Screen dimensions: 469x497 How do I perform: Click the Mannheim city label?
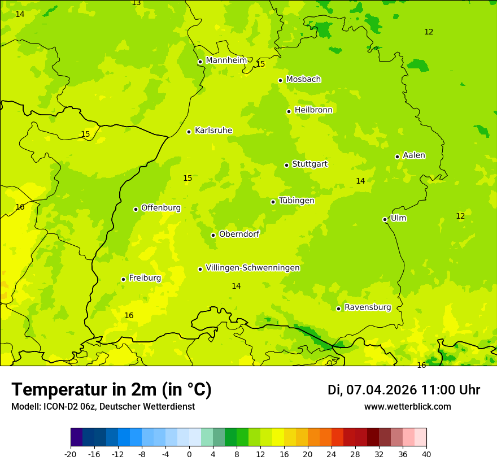click(x=226, y=60)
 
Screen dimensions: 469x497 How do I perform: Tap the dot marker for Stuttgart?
click(x=286, y=165)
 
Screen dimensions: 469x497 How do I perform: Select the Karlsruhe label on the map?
click(x=213, y=131)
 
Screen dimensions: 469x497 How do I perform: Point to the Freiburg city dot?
click(x=123, y=279)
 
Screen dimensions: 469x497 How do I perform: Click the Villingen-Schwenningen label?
click(x=252, y=268)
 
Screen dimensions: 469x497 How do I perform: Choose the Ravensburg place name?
click(x=367, y=307)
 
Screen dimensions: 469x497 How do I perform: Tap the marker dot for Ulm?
click(x=385, y=219)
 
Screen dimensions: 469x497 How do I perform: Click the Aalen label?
click(x=414, y=155)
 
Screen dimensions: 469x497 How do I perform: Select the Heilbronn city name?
click(x=313, y=110)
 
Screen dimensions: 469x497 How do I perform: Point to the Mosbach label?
click(x=303, y=80)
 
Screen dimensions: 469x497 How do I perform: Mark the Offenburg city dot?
click(x=136, y=209)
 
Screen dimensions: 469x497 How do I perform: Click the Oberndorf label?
click(x=239, y=234)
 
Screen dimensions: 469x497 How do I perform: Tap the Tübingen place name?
click(x=297, y=201)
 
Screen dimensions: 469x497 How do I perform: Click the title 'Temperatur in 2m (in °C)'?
click(x=111, y=390)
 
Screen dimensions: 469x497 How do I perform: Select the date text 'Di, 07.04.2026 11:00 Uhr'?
click(x=404, y=390)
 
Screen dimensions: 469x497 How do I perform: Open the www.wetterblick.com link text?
click(x=407, y=407)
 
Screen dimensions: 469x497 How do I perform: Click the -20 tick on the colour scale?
click(x=71, y=454)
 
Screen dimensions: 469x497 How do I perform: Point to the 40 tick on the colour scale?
click(x=426, y=454)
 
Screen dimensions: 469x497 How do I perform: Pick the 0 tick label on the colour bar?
click(x=189, y=454)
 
